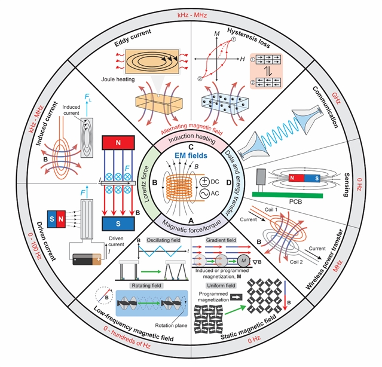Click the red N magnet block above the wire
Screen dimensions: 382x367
118,142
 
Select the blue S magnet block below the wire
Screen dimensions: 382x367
118,224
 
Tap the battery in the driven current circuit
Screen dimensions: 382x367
87,259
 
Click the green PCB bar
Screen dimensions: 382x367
288,195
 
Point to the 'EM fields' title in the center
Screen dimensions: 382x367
191,155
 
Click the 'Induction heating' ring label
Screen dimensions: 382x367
192,138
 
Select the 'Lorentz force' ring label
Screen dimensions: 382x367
146,184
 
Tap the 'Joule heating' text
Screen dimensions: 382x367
118,79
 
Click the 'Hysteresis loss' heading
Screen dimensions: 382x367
249,38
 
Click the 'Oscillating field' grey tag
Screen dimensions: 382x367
163,240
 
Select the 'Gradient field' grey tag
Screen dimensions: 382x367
221,240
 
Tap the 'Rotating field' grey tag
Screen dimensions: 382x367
146,286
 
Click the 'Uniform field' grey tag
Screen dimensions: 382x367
221,286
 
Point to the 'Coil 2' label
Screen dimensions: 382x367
297,262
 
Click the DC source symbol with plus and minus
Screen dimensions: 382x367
204,182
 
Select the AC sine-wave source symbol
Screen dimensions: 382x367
204,194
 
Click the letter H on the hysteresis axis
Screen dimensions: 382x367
242,59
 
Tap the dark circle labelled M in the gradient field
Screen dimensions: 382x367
244,261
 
